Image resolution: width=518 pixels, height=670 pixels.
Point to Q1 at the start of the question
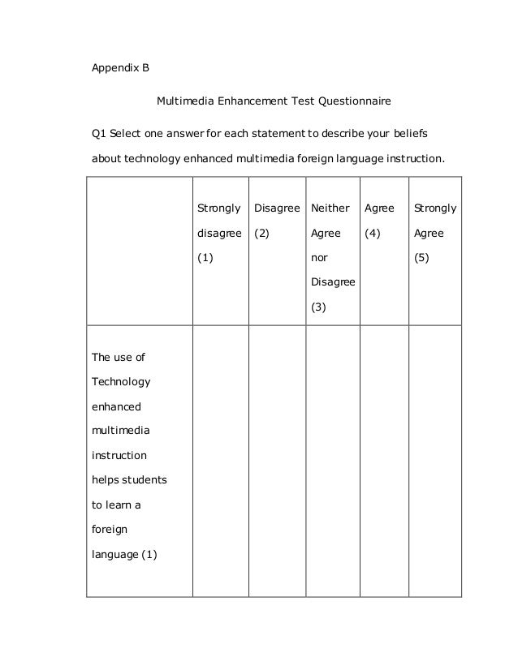(98, 132)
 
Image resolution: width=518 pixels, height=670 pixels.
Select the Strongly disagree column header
(218, 221)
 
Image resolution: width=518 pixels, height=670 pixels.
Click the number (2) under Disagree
(263, 234)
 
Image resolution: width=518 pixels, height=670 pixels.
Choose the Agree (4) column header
(380, 221)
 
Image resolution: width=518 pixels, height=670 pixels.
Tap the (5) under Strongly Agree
(423, 259)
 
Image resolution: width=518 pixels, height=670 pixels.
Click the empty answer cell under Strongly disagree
(219, 460)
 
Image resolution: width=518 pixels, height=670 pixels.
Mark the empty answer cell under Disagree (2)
(275, 460)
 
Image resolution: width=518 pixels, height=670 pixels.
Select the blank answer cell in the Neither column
(331, 460)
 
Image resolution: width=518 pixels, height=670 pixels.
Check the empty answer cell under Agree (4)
(383, 460)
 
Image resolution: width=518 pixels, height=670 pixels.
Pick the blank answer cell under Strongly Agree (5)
(434, 460)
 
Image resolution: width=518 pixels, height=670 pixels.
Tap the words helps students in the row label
(128, 479)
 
